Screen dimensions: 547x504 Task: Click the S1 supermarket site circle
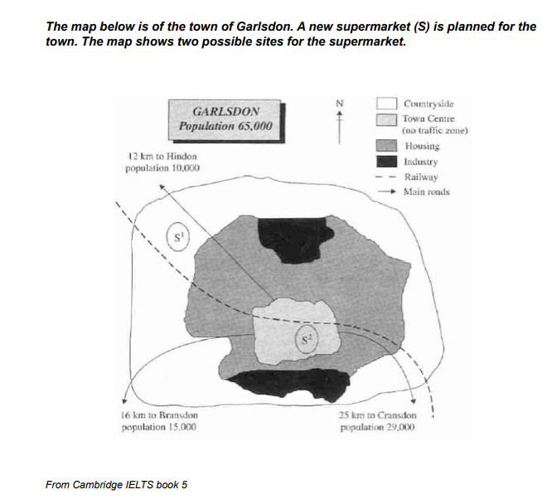pos(167,238)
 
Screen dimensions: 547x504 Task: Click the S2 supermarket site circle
pos(296,339)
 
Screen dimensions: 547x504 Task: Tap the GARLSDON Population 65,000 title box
pos(225,119)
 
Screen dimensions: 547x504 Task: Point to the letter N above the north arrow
pos(340,104)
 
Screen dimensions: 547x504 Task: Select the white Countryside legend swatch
pos(386,104)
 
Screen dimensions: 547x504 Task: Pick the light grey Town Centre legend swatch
pos(386,119)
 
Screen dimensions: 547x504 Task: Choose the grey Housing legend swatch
pos(386,146)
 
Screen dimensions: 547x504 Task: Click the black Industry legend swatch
pos(386,162)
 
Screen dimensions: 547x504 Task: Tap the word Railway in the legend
pos(421,177)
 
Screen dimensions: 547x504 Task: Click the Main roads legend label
pos(427,191)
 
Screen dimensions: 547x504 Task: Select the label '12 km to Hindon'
pos(162,156)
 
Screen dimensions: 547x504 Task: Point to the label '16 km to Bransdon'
pos(159,415)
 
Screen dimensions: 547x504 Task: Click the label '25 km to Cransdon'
pos(377,415)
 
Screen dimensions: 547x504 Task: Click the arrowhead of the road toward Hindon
pos(162,187)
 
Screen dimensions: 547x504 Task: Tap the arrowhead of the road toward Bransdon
pos(123,401)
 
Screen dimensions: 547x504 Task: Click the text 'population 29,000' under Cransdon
pos(377,427)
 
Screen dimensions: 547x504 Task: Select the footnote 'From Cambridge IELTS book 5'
pos(116,485)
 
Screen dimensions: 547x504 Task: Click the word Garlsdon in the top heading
pos(263,27)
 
